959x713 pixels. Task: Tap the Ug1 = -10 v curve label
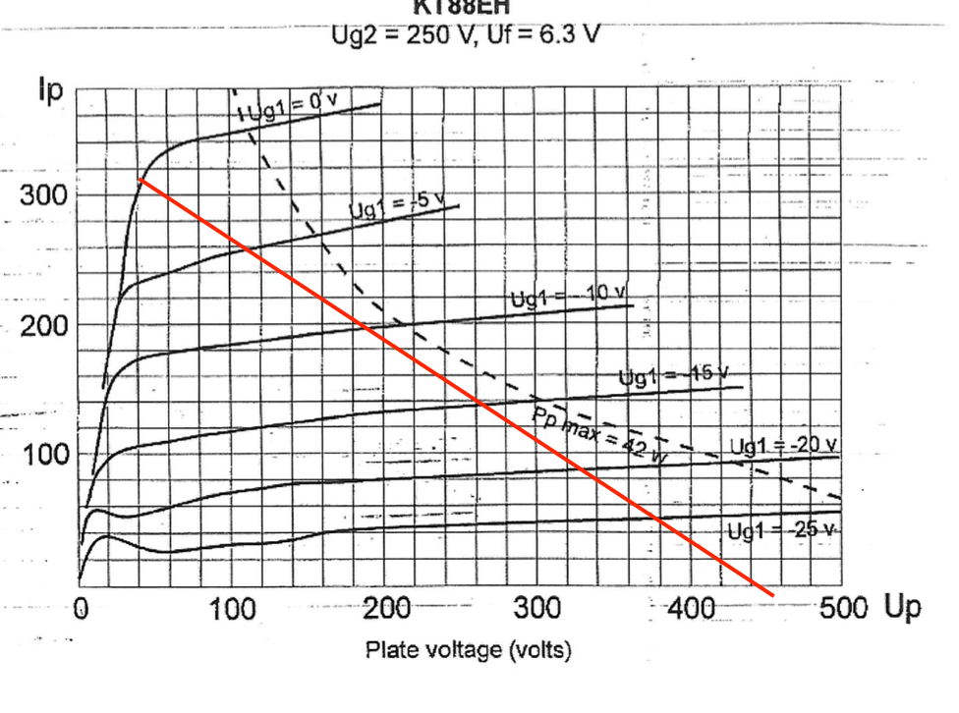click(567, 298)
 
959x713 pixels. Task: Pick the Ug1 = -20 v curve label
click(783, 446)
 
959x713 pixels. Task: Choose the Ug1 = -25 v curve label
click(782, 530)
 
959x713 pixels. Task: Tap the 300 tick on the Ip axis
click(44, 193)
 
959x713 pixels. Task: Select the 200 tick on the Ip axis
click(44, 325)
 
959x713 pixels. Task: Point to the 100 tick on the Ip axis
click(44, 455)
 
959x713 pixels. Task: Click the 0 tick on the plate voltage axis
click(83, 609)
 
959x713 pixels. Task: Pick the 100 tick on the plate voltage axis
click(232, 609)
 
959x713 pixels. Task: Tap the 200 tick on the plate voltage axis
click(386, 609)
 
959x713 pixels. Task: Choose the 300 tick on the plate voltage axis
click(537, 609)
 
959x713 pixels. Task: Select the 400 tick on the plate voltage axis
click(691, 609)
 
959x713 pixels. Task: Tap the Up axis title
click(903, 608)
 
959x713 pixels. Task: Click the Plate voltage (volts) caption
click(468, 650)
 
